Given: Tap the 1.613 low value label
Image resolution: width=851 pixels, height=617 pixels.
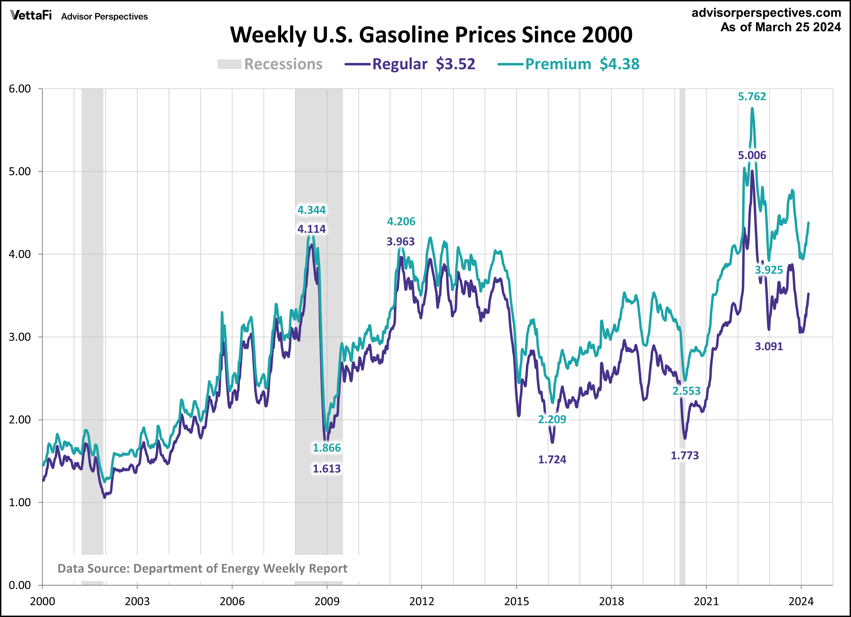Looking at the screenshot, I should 327,468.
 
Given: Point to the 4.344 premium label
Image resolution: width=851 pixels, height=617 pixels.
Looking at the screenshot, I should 311,210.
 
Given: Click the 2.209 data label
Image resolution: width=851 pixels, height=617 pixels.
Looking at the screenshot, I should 552,419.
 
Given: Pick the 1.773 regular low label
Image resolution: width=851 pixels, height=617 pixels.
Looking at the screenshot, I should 685,456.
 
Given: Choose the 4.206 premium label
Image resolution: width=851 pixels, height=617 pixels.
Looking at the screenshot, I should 401,222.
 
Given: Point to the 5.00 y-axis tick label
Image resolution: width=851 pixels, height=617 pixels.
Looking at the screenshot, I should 20,171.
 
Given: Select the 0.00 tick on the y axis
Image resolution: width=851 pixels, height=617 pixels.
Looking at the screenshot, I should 20,585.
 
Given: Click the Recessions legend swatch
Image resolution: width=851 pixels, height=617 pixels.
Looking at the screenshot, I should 229,64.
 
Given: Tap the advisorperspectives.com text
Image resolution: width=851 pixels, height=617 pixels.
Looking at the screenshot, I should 766,13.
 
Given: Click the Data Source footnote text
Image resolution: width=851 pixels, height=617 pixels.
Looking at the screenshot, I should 202,568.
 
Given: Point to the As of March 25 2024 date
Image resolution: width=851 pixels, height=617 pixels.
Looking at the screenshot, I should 780,27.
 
